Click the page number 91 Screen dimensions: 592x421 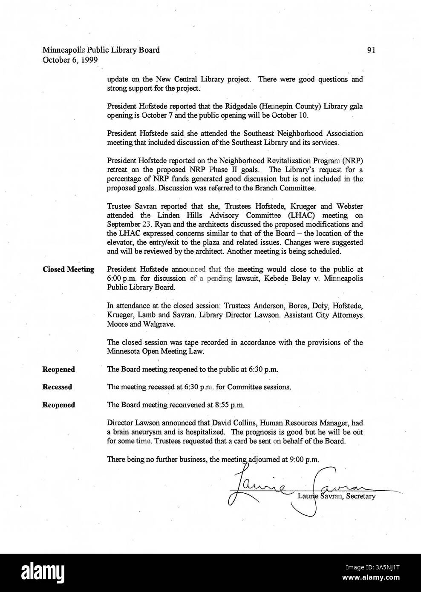pos(371,50)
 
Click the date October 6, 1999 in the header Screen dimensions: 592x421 pos(70,60)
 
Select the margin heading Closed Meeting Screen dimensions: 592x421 pos(68,270)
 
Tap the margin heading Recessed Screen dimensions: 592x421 pos(57,387)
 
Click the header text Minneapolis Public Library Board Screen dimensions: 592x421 pos(101,50)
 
